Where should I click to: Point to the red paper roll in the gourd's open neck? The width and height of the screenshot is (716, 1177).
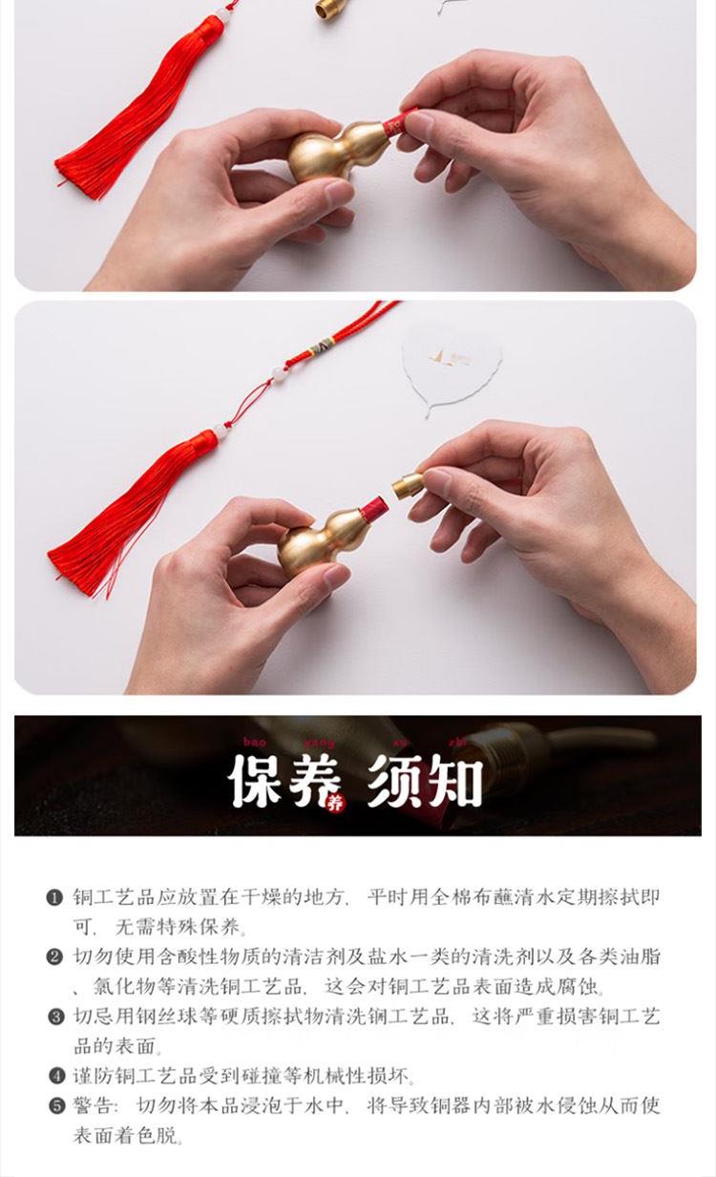(373, 509)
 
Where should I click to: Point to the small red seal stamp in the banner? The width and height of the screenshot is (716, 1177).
(335, 803)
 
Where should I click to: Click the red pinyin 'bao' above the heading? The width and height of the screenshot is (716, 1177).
(255, 742)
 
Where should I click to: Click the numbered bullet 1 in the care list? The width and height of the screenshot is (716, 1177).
(54, 897)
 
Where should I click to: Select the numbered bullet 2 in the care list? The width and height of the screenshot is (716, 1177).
(54, 956)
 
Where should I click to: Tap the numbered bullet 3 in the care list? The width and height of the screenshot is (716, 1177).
(54, 1017)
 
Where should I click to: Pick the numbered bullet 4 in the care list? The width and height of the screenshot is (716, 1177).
(54, 1076)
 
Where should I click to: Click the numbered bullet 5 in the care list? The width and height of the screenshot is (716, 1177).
(54, 1106)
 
